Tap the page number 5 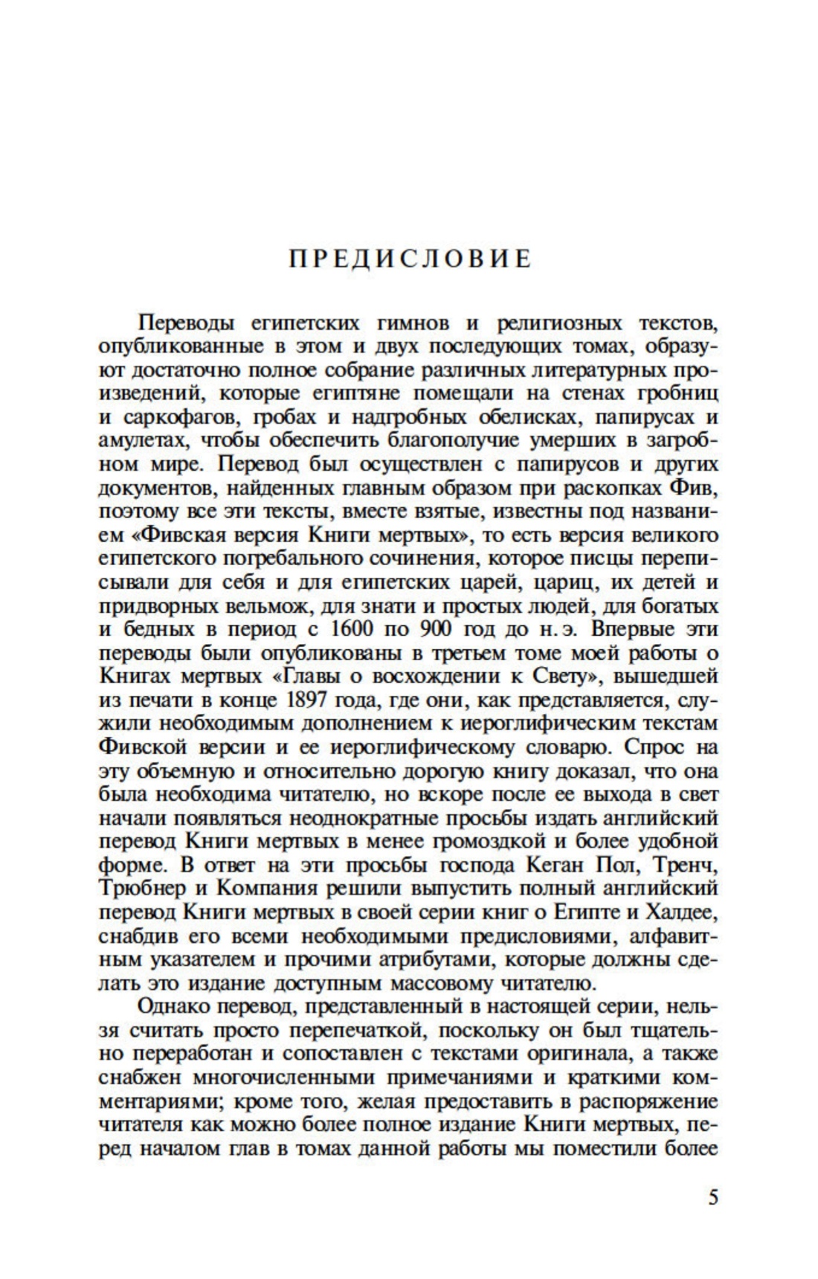pyautogui.click(x=713, y=1199)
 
